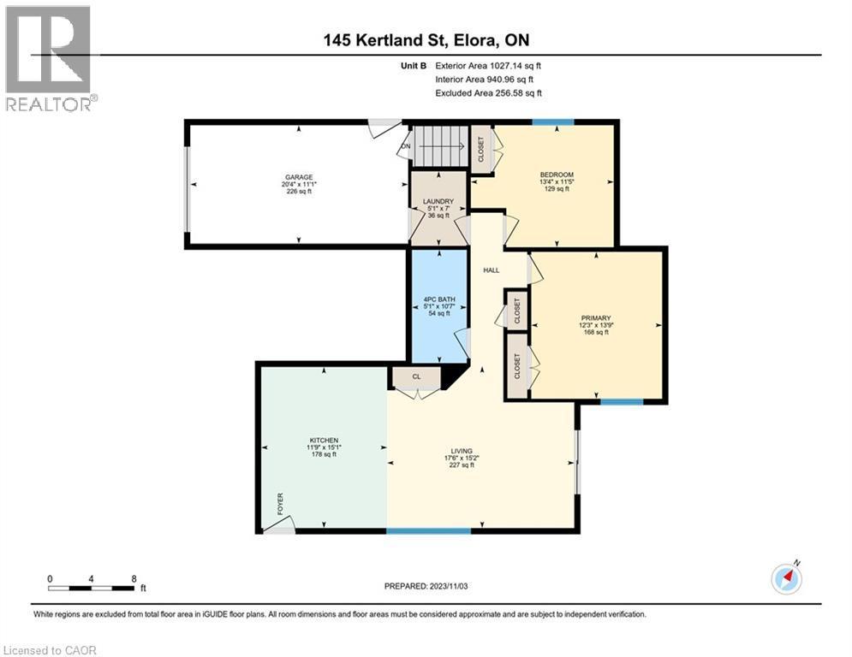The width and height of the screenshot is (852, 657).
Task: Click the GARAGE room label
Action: (299, 177)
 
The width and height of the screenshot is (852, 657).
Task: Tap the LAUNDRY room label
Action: (438, 202)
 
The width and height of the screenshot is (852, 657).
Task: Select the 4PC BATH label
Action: (438, 299)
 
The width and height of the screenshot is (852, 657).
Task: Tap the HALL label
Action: (492, 270)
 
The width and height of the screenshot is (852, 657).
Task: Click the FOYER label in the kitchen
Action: (279, 503)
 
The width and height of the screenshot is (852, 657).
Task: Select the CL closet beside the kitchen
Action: (416, 376)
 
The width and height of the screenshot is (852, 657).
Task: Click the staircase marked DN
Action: (438, 146)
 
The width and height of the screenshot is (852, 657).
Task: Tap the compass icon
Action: (786, 578)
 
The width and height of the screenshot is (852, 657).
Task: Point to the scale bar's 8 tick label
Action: (133, 578)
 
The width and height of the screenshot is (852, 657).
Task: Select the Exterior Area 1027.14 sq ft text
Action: (489, 65)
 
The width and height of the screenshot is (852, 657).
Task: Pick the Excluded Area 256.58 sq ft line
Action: (489, 93)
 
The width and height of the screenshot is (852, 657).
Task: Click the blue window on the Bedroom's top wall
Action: (553, 122)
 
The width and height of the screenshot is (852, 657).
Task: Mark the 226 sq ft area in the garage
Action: (299, 192)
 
